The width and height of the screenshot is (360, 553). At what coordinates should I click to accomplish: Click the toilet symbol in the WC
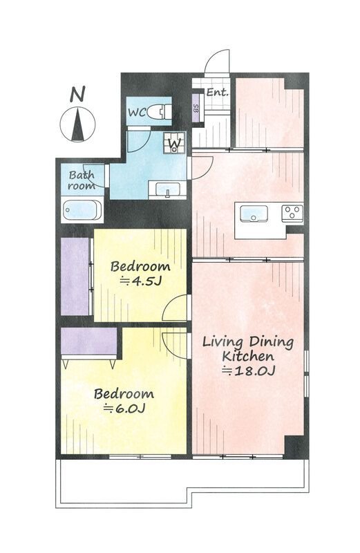(159, 112)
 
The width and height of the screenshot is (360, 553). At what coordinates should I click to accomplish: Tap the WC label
(136, 113)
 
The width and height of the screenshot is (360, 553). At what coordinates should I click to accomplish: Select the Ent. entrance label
(217, 93)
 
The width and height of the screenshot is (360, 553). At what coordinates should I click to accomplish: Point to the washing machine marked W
(174, 142)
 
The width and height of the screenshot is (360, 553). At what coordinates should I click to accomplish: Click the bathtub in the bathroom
(82, 210)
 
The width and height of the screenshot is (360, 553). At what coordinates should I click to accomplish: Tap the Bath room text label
(82, 180)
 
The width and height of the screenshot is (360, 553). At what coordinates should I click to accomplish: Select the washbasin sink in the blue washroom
(167, 189)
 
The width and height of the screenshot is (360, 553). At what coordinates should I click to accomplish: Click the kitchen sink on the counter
(254, 214)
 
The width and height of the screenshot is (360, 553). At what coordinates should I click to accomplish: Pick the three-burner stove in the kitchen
(292, 213)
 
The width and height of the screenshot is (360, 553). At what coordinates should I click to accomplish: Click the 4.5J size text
(141, 281)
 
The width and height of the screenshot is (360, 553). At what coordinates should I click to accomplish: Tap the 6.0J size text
(124, 409)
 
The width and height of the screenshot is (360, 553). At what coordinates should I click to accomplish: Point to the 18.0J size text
(248, 371)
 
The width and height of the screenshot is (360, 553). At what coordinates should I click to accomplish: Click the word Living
(222, 342)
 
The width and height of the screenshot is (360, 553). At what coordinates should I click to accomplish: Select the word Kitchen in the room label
(248, 356)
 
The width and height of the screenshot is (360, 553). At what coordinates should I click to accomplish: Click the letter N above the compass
(77, 95)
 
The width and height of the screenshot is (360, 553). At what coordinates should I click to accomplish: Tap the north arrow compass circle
(77, 124)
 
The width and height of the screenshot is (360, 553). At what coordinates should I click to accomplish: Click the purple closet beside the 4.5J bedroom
(75, 276)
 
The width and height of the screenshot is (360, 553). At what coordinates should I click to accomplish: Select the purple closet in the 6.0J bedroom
(89, 341)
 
